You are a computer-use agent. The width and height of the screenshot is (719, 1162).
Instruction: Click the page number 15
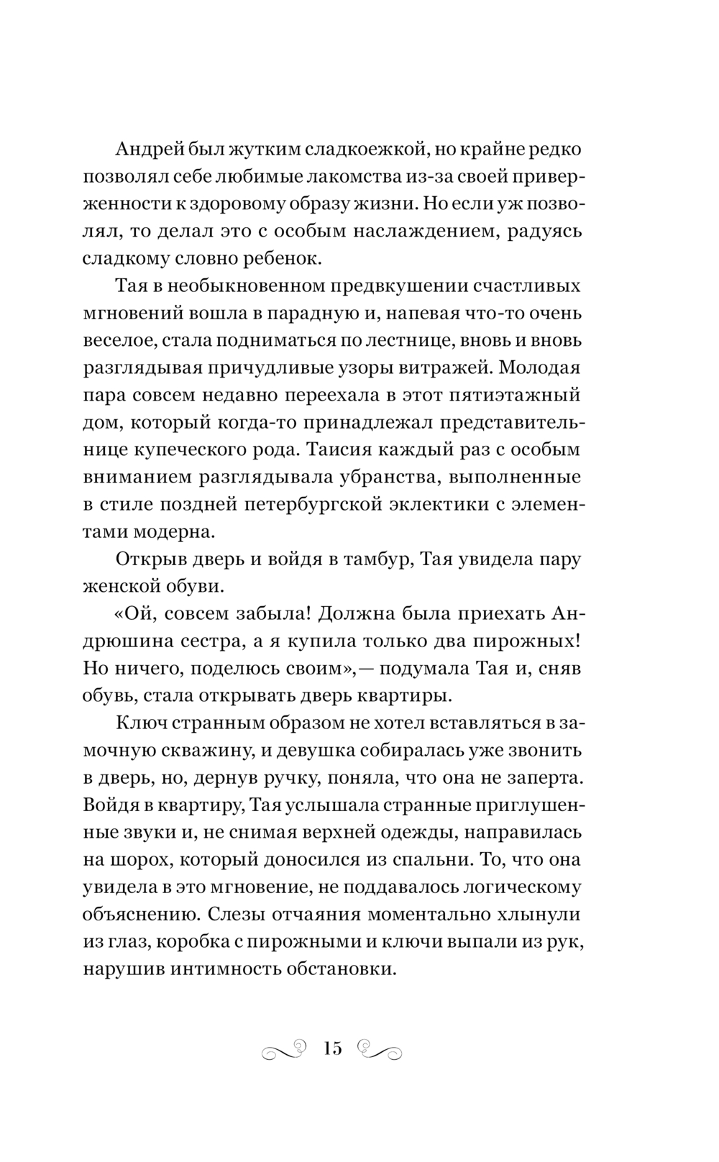pyautogui.click(x=333, y=1048)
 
